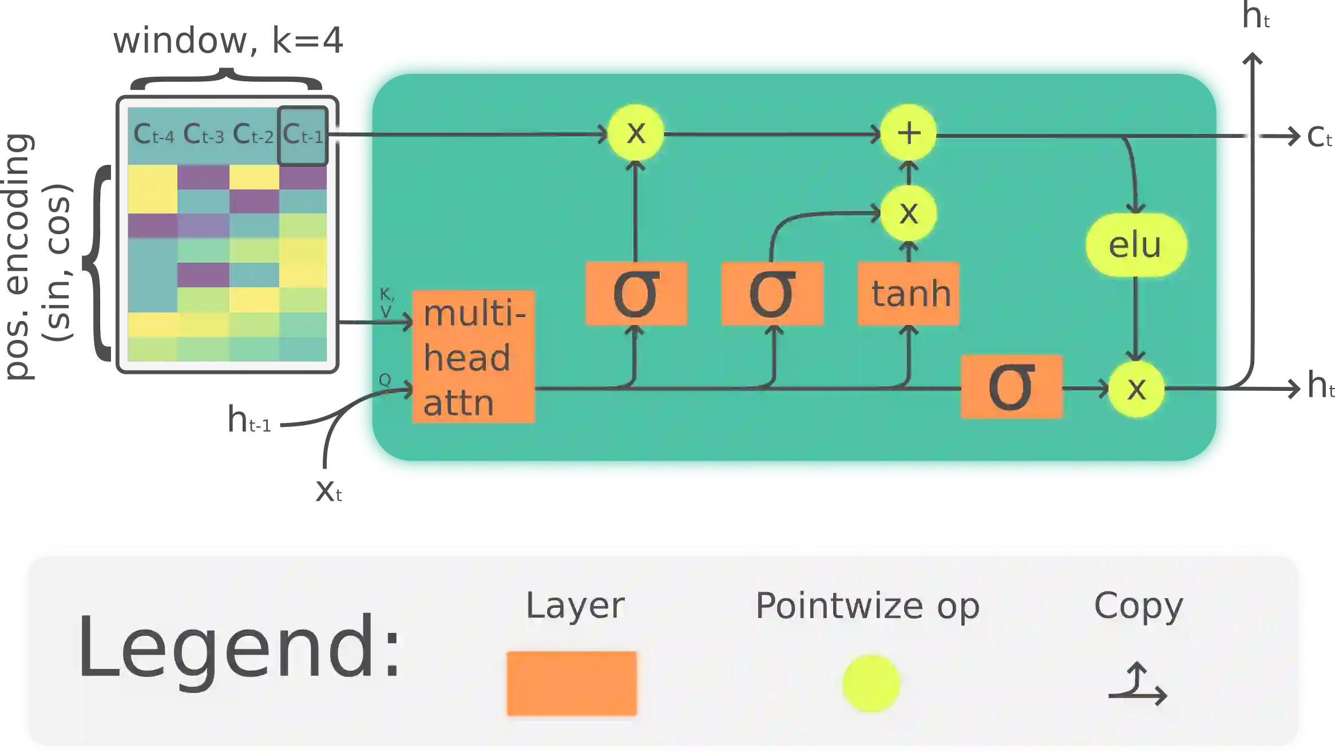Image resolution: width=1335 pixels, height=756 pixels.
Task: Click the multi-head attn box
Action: (473, 357)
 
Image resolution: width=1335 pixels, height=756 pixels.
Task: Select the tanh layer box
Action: (909, 294)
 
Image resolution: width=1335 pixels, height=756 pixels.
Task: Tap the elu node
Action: (1136, 245)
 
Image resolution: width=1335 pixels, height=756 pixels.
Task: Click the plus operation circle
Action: (909, 133)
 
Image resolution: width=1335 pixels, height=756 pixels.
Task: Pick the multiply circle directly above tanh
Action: (909, 213)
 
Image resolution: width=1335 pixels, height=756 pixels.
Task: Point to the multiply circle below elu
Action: (1136, 389)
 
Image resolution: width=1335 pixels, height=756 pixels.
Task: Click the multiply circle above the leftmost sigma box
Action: (636, 133)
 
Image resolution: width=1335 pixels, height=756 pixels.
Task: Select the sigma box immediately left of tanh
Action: (772, 294)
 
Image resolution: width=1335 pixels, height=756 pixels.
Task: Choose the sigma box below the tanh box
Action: (1011, 387)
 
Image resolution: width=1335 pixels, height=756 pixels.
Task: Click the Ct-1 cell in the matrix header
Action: (303, 135)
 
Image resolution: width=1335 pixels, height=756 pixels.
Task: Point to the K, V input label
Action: (387, 303)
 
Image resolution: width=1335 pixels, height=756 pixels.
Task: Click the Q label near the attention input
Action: (385, 379)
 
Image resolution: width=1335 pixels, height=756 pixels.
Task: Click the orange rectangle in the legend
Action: (572, 683)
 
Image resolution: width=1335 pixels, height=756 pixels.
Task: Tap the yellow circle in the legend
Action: (871, 683)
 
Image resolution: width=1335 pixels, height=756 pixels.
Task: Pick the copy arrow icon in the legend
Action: (1137, 684)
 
